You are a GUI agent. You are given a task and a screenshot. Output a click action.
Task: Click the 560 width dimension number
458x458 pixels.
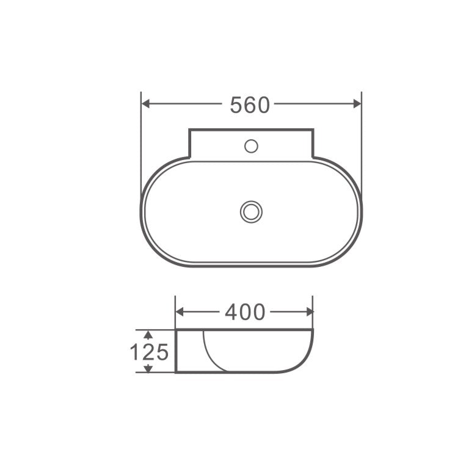point(249,105)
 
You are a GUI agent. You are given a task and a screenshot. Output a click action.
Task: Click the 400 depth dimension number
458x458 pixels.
point(245,312)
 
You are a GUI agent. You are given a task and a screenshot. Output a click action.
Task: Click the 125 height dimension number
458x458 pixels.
point(148,352)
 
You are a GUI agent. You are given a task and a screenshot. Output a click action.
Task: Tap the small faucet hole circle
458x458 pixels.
point(250,146)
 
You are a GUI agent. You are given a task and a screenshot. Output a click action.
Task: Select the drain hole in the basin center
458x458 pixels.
point(250,212)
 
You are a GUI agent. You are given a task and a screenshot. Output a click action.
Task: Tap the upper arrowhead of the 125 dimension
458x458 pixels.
point(147,334)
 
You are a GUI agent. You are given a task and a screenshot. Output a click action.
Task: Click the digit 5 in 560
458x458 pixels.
point(236,105)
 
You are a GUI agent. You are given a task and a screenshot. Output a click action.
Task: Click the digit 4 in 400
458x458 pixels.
point(231,312)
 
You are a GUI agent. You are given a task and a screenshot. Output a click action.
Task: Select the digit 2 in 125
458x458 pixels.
point(148,352)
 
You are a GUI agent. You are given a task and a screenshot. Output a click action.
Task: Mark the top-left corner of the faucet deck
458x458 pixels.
point(189,129)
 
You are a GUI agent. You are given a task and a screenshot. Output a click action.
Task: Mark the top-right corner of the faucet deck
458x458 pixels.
point(313,129)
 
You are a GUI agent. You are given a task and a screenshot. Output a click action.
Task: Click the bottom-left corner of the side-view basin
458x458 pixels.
point(176,372)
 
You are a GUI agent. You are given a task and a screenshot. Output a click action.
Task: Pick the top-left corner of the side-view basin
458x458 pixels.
point(176,330)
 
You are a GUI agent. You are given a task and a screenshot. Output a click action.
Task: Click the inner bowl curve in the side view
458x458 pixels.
point(207,354)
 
